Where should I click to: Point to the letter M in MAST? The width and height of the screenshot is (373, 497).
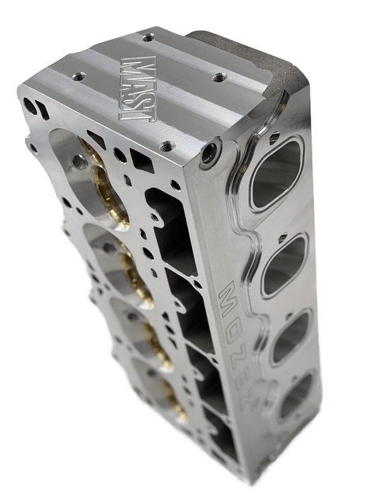[141, 66]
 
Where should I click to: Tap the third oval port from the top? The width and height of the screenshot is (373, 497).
[291, 335]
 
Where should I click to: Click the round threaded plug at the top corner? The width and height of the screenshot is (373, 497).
[211, 154]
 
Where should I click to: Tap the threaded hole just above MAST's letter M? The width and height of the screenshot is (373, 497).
[148, 36]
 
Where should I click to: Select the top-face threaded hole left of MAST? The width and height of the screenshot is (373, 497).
[78, 76]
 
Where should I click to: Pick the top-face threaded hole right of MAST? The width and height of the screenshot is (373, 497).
[220, 77]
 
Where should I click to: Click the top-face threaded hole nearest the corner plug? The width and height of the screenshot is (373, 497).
[166, 145]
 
